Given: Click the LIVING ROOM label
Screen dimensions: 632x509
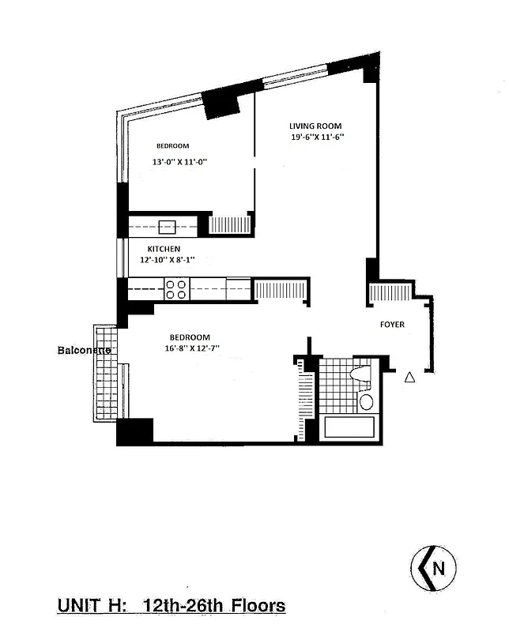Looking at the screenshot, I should coord(316,126).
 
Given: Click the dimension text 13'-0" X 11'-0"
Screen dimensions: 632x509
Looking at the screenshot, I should coord(179,162).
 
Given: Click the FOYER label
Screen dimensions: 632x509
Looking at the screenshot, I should coord(393,324).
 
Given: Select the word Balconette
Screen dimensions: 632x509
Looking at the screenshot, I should coord(84,349).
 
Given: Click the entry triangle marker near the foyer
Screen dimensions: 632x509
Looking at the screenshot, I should coord(409,378).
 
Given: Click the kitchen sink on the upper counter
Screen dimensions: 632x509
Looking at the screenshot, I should coord(167,227).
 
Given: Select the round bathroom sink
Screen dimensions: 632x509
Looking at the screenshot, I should coord(367,402).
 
